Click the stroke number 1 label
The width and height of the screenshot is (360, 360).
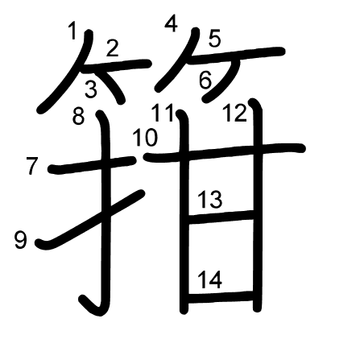[72, 31]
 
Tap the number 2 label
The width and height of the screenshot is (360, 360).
[112, 48]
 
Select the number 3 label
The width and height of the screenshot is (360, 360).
[91, 89]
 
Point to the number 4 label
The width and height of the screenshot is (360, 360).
[171, 23]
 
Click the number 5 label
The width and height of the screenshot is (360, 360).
[214, 39]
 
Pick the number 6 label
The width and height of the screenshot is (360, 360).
[205, 81]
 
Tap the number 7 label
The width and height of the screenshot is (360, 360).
[32, 166]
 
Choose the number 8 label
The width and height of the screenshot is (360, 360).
[79, 116]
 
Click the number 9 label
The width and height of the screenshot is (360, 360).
[21, 240]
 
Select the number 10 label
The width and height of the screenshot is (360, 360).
[145, 138]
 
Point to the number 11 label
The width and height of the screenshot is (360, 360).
[163, 113]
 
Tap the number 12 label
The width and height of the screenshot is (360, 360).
[234, 114]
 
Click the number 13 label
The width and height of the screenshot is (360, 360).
[210, 200]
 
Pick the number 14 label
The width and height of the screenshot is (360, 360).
[210, 279]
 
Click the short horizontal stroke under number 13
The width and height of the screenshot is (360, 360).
[221, 217]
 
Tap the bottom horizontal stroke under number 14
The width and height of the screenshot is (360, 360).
[221, 297]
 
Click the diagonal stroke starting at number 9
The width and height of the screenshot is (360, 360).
[90, 220]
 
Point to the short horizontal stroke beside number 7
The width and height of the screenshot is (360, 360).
[92, 165]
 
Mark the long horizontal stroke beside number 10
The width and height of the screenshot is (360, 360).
[225, 152]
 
